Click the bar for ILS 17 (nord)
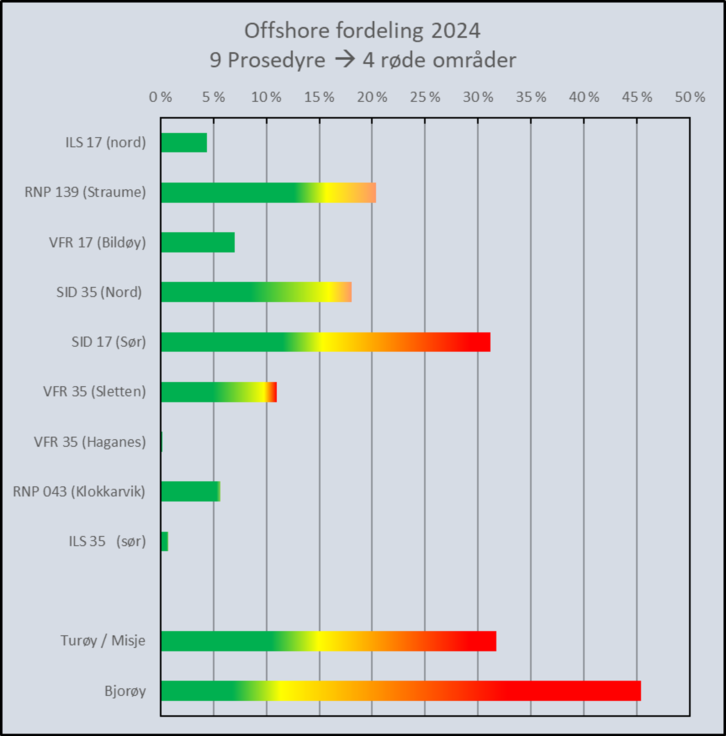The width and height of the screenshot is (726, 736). click(x=184, y=143)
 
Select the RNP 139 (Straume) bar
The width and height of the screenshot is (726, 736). click(x=268, y=192)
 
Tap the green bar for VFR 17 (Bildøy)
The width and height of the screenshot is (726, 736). click(x=198, y=242)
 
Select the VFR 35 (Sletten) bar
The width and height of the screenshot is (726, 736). click(x=219, y=392)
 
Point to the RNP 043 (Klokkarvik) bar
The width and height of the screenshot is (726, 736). click(x=190, y=492)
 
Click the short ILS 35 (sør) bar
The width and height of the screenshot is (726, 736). click(x=164, y=541)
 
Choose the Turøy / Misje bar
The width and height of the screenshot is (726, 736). click(x=328, y=641)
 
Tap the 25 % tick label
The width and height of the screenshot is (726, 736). click(x=425, y=97)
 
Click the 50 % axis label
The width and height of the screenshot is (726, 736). click(x=690, y=97)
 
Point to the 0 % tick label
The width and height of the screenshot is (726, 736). click(x=160, y=97)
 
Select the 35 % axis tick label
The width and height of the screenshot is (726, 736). click(x=531, y=97)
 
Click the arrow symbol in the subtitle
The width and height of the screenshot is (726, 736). click(x=345, y=60)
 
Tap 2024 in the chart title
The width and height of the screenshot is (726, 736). click(x=456, y=30)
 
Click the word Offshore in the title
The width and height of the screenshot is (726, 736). click(x=286, y=30)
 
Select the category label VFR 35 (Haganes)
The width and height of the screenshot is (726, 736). click(x=90, y=442)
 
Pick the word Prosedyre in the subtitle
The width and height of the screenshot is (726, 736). click(x=276, y=60)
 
